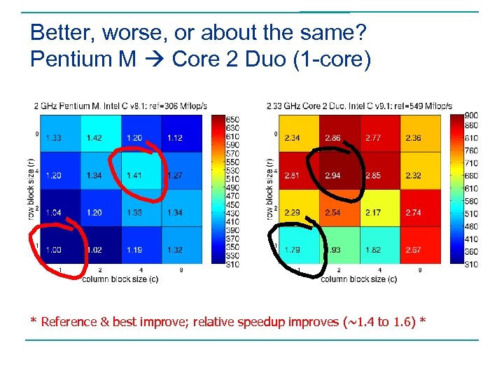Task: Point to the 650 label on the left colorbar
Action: click(x=233, y=119)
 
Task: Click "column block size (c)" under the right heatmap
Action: click(x=358, y=279)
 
